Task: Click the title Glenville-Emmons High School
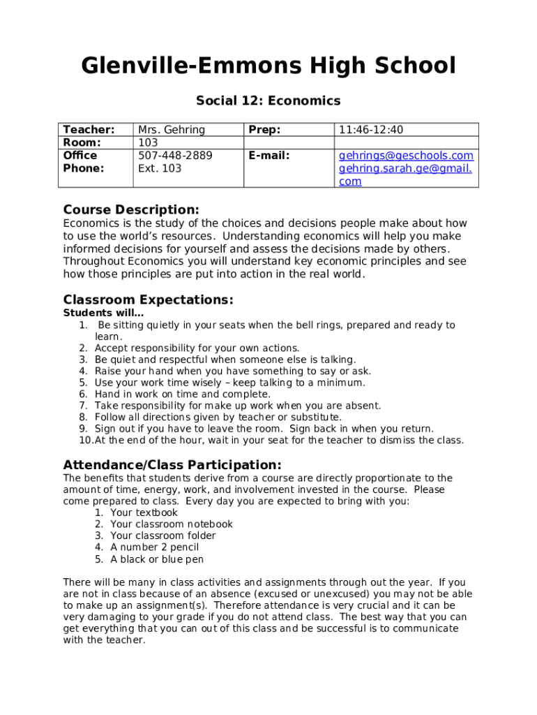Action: pyautogui.click(x=268, y=67)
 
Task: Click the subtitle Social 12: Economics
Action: pyautogui.click(x=268, y=101)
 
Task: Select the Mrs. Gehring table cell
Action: pyautogui.click(x=172, y=130)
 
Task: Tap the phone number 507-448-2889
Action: pyautogui.click(x=175, y=156)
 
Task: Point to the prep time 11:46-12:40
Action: pyautogui.click(x=371, y=130)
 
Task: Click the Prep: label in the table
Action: pyautogui.click(x=264, y=130)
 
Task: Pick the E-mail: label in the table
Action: pyautogui.click(x=268, y=156)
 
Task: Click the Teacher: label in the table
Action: pyautogui.click(x=89, y=130)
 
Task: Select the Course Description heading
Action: pyautogui.click(x=131, y=210)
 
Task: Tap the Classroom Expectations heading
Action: pyautogui.click(x=148, y=300)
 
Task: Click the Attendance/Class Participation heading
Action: pyautogui.click(x=172, y=465)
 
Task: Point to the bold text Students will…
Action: pyautogui.click(x=103, y=313)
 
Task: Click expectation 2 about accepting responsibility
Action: pyautogui.click(x=197, y=348)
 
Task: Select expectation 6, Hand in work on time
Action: pyautogui.click(x=182, y=395)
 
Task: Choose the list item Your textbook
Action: pyautogui.click(x=144, y=513)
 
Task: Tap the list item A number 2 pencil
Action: pyautogui.click(x=154, y=547)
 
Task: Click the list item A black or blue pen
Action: pyautogui.click(x=157, y=559)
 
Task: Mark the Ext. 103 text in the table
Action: pyautogui.click(x=160, y=168)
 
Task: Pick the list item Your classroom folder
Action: pyautogui.click(x=162, y=536)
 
